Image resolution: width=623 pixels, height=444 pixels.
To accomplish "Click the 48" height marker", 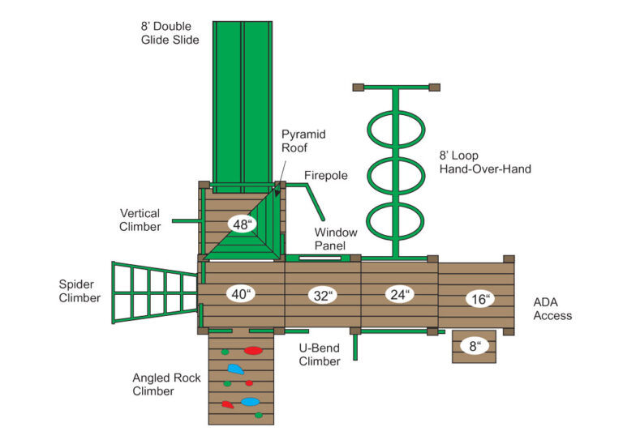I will (241, 224).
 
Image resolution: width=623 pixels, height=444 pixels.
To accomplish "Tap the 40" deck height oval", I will (239, 294).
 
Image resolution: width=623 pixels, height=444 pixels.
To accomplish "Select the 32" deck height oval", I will (324, 296).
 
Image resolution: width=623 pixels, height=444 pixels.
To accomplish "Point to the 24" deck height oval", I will (400, 294).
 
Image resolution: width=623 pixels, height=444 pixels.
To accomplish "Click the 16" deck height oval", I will (480, 299).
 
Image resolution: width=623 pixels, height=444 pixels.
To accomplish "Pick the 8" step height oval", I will (475, 347).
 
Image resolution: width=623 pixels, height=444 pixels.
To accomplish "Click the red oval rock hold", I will (253, 352).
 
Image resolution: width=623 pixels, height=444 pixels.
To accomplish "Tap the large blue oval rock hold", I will (250, 402).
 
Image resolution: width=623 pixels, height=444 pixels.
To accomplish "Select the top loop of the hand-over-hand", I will (396, 129).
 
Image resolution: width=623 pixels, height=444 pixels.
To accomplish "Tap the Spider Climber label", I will (79, 291).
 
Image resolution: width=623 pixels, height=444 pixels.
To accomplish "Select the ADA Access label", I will (552, 309).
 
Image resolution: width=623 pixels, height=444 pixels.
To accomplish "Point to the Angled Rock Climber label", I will (153, 384).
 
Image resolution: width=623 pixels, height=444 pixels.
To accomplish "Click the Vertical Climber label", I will (140, 220).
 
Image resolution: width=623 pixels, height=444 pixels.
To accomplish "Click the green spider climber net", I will (153, 292).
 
